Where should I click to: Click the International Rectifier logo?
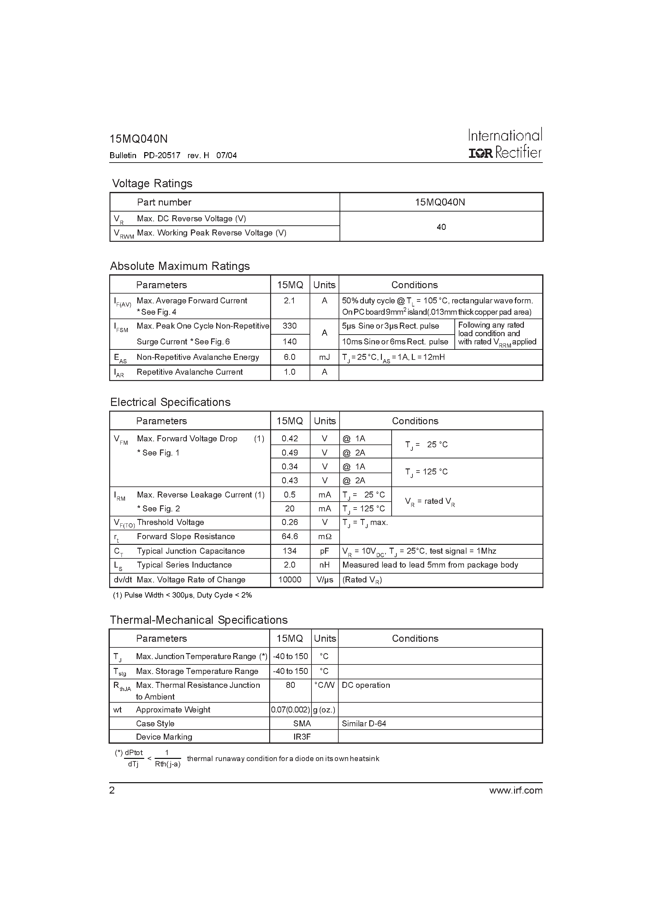(505, 144)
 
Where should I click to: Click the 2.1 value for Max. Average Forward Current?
(289, 301)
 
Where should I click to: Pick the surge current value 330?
(289, 326)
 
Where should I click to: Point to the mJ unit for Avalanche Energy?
(324, 357)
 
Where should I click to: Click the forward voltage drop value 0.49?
(289, 453)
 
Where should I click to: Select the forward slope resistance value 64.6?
(289, 536)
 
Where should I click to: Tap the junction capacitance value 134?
(289, 551)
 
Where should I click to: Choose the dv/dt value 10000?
(289, 579)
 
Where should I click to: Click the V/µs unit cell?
(324, 579)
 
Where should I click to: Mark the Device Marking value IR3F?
(302, 737)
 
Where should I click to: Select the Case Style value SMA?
(302, 724)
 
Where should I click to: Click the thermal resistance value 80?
(290, 685)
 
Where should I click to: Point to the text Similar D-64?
(364, 724)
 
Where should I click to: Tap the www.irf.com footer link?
(516, 790)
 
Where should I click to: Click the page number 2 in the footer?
(112, 790)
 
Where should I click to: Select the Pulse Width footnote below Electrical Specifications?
(182, 595)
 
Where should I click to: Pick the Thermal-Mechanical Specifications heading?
(199, 620)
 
